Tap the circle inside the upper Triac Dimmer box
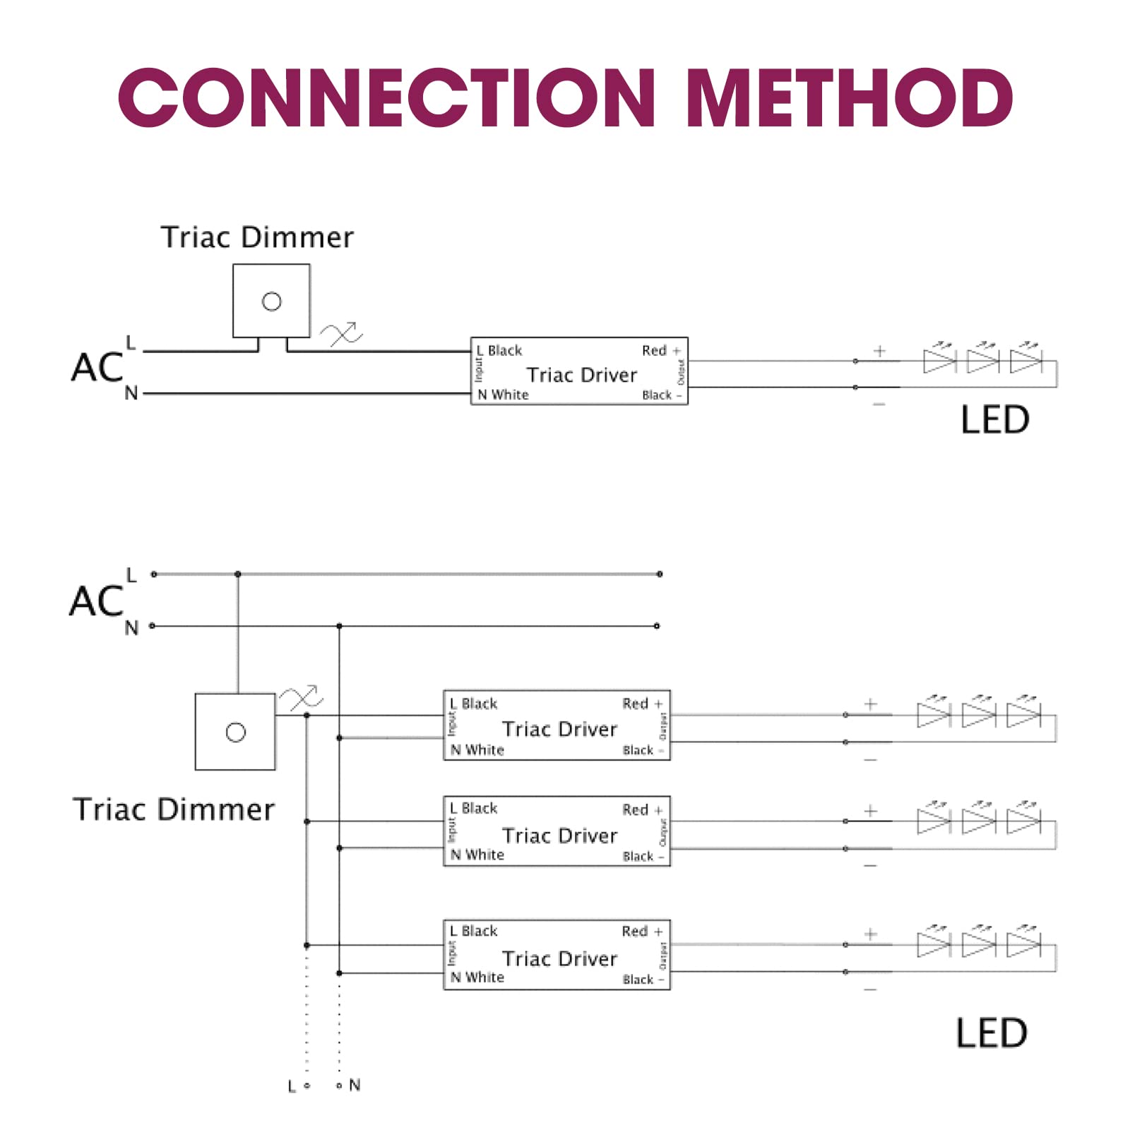pos(272,302)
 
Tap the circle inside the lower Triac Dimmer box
pos(235,732)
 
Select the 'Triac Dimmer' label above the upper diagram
pos(257,237)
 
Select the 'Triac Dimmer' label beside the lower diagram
pos(174,809)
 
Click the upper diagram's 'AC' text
pos(97,368)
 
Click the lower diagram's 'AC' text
pos(97,601)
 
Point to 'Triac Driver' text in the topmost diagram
pos(581,375)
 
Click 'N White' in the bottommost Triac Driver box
pos(477,977)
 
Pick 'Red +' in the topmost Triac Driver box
pos(661,350)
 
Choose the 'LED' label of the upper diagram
pos(994,420)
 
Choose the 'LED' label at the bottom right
pos(991,1034)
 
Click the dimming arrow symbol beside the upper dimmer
pos(342,333)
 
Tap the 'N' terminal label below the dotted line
pos(355,1085)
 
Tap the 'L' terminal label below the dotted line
pos(292,1086)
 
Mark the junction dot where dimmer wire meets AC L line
pos(238,574)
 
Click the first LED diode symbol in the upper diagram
pos(939,362)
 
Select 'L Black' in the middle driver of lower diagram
pos(474,808)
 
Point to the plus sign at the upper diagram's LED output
pos(879,351)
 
